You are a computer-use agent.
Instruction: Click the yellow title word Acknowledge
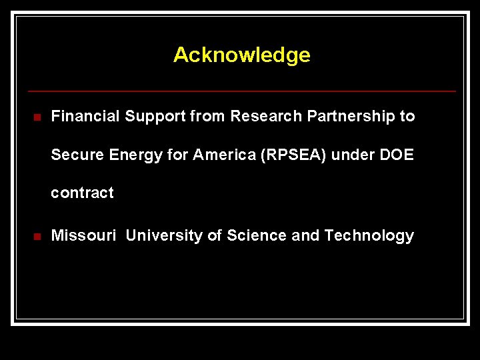(x=241, y=55)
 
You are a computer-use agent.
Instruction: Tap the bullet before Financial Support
(x=37, y=118)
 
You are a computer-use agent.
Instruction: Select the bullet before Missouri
(x=37, y=237)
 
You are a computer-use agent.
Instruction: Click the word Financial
(x=85, y=117)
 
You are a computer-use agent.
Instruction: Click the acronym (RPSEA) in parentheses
(x=294, y=155)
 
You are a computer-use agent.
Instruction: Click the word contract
(x=83, y=193)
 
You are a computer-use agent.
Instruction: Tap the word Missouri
(x=84, y=235)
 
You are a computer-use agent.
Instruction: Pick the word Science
(x=256, y=235)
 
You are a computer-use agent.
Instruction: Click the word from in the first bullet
(x=207, y=117)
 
